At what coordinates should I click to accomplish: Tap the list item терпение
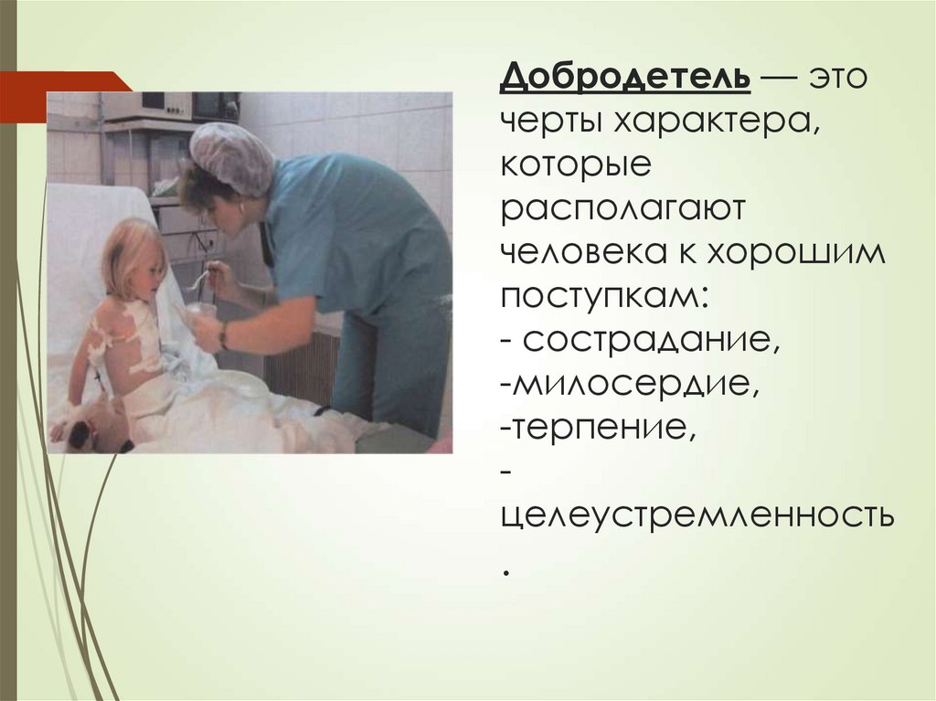pyautogui.click(x=600, y=429)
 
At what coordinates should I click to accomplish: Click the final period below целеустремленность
pyautogui.click(x=505, y=568)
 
